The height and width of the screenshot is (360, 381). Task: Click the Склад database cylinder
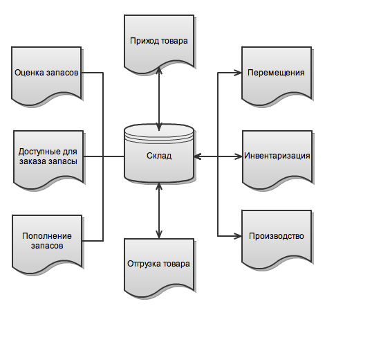tap(159, 154)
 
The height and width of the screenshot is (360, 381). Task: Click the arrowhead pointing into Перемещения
tap(238, 73)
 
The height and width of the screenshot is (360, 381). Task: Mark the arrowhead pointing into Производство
tap(238, 236)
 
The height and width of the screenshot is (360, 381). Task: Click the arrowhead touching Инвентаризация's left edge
tap(239, 156)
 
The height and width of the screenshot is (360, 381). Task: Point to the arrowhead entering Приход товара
tap(159, 71)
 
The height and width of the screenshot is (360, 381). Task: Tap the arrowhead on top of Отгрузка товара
tap(159, 235)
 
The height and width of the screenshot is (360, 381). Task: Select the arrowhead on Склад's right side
tap(198, 156)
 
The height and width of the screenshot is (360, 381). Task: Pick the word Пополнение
tap(47, 236)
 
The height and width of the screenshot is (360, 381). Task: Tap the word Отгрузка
tap(143, 264)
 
